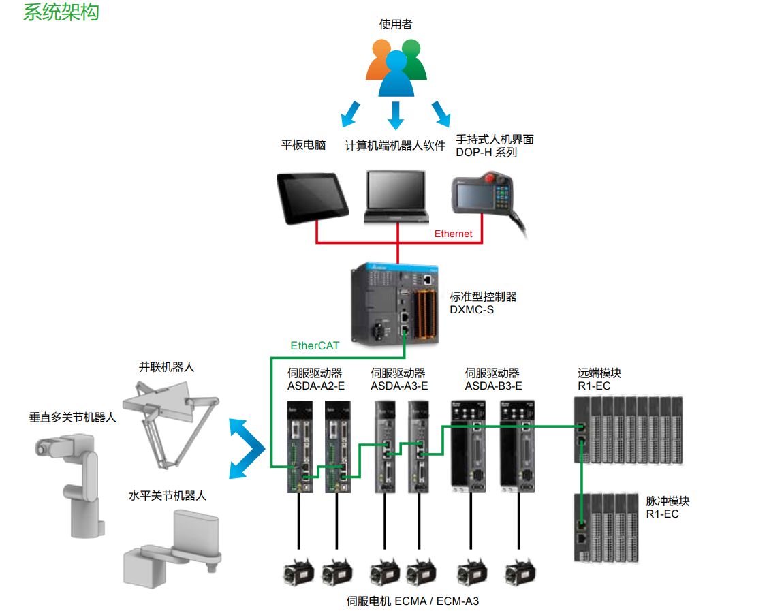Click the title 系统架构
61,12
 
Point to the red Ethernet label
453,234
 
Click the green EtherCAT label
315,345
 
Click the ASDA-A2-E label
316,386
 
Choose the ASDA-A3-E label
399,386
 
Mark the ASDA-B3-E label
493,386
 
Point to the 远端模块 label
599,373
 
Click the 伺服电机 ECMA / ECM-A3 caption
413,601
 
